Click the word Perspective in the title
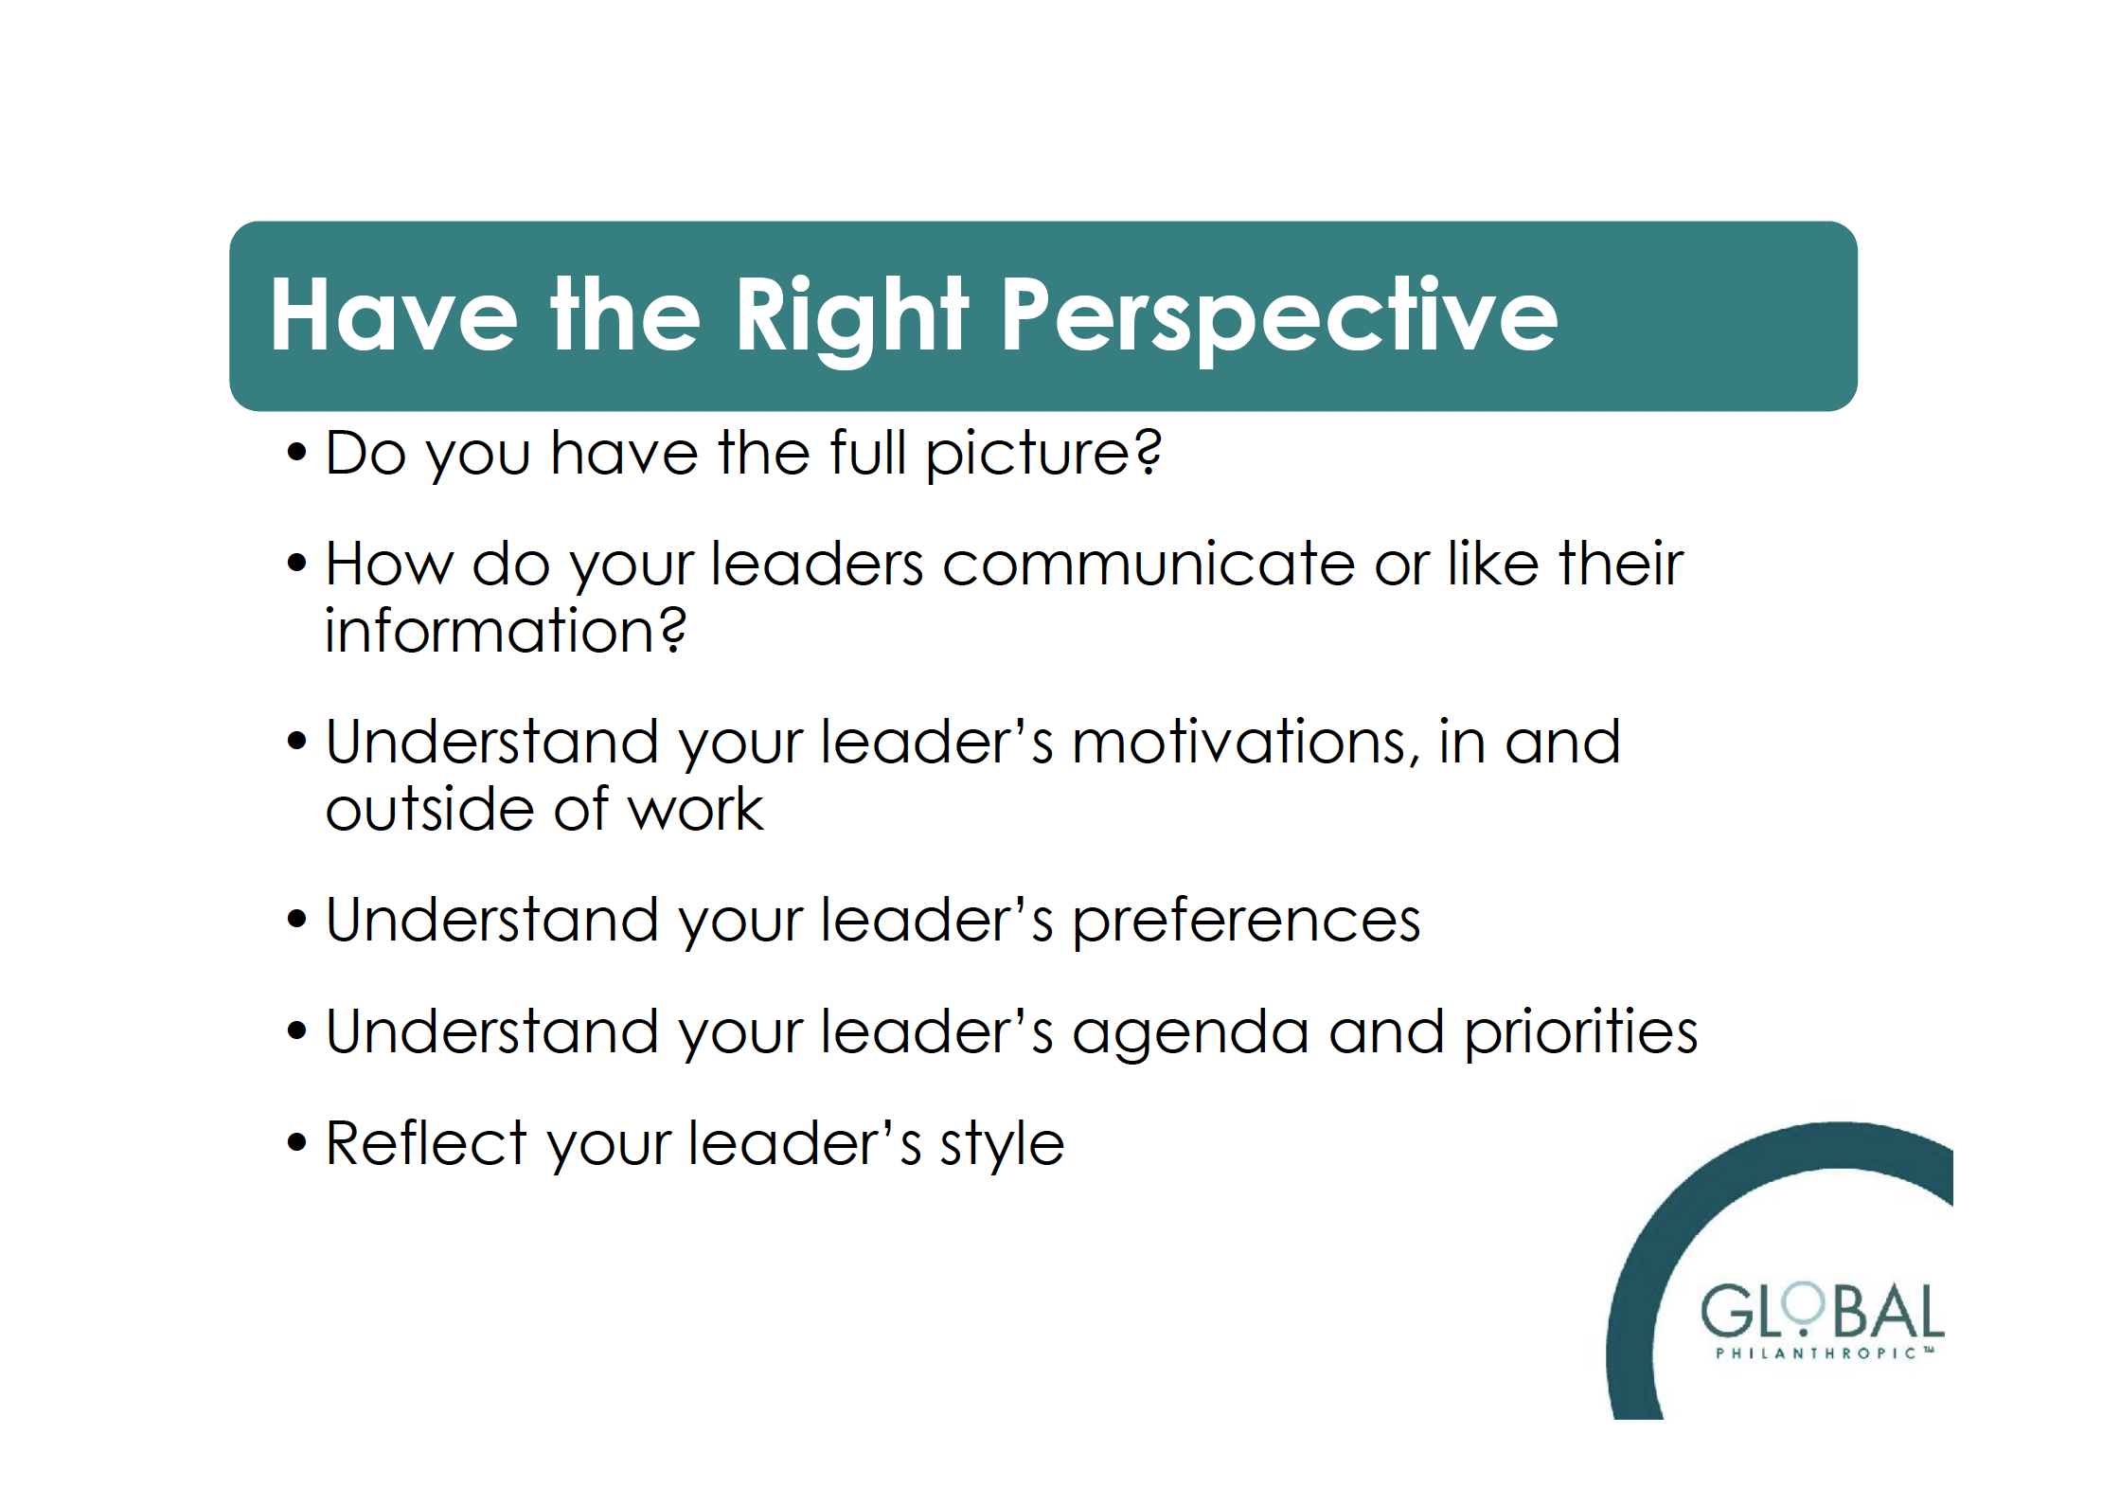click(x=1279, y=317)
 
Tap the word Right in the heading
click(x=851, y=319)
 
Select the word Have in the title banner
click(x=394, y=314)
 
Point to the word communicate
click(x=1149, y=564)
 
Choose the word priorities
click(x=1580, y=1032)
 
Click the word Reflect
click(x=426, y=1142)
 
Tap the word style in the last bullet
click(x=1002, y=1146)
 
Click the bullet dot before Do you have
click(x=297, y=453)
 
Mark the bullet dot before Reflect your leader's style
click(x=297, y=1143)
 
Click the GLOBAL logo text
click(x=1823, y=1311)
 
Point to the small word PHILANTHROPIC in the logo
click(x=1817, y=1353)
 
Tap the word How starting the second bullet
click(x=389, y=564)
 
